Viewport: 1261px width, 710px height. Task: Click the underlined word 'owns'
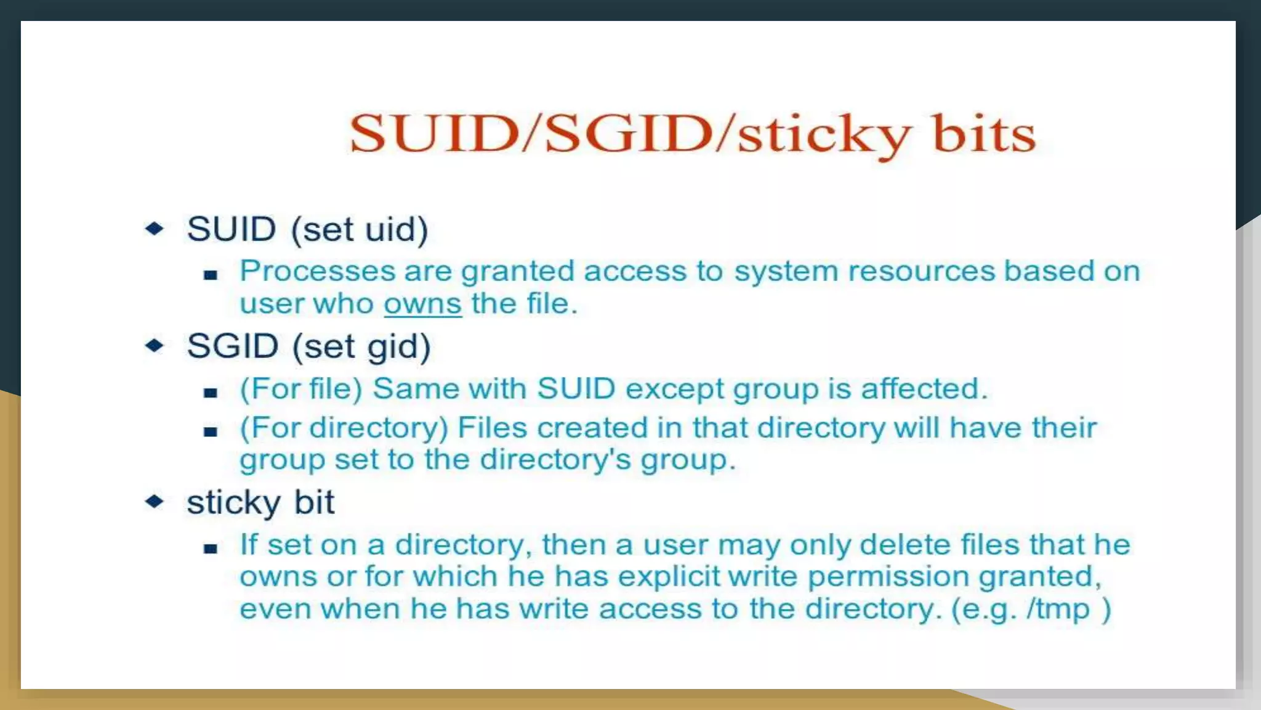[422, 304]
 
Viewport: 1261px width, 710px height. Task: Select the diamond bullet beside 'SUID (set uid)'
[155, 229]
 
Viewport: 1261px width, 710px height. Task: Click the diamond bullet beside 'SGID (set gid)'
[155, 345]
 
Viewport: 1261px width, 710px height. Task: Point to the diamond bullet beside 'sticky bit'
[155, 501]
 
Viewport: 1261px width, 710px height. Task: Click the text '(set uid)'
[359, 229]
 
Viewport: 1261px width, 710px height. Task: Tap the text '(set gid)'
[361, 346]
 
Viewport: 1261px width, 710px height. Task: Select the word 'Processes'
[317, 271]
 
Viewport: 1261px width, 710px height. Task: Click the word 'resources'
[921, 271]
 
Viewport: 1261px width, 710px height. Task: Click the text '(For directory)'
[344, 428]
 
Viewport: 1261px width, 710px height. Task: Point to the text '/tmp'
[1058, 609]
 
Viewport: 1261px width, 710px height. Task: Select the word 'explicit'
[669, 577]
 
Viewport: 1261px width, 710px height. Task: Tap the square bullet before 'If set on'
[211, 548]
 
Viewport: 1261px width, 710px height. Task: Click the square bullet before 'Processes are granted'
[211, 275]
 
